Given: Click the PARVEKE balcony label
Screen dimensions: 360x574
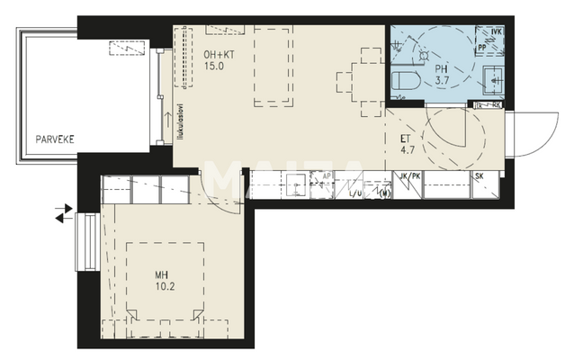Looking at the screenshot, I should [55, 139].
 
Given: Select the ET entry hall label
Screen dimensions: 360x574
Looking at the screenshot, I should [405, 139].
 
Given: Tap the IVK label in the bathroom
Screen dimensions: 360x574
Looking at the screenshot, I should [495, 33].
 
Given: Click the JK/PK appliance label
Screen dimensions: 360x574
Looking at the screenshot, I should [408, 176].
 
